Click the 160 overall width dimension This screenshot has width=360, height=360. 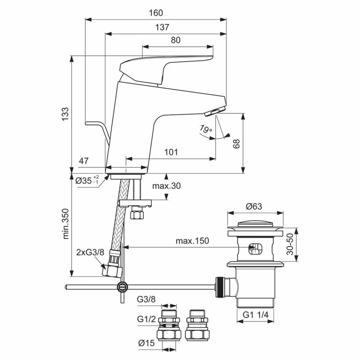[156, 13]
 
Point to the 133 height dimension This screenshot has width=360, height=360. [65, 114]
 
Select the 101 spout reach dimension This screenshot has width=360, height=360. [171, 152]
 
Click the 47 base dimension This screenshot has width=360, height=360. [84, 161]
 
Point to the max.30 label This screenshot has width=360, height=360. [166, 186]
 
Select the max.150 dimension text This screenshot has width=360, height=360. [192, 241]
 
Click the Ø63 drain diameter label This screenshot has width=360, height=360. [254, 206]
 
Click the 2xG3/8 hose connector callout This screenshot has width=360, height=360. [90, 253]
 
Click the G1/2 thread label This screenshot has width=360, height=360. [148, 319]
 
